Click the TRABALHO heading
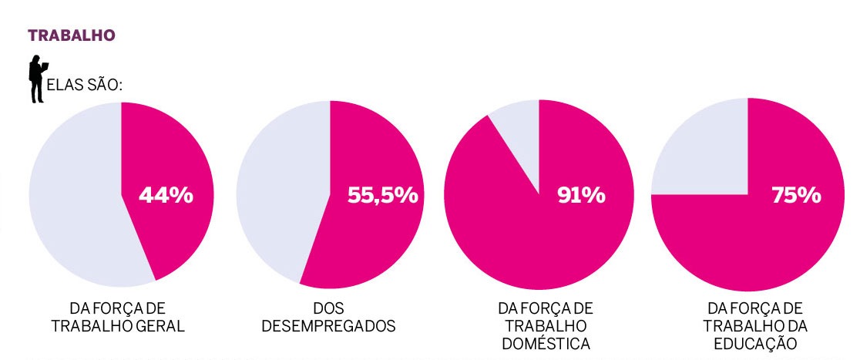pos(72,35)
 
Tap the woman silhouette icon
pos(36,79)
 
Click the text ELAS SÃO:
pos(85,85)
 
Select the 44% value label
pos(166,196)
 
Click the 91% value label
pos(581,196)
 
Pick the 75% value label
pos(796,196)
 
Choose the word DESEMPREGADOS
pos(329,325)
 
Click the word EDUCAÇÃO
pos(756,343)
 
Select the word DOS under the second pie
pos(329,308)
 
